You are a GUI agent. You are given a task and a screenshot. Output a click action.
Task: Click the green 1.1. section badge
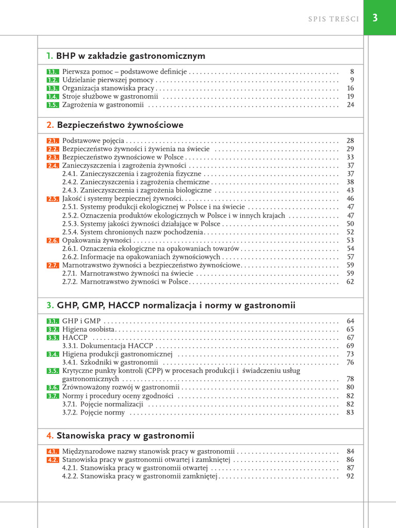point(53,72)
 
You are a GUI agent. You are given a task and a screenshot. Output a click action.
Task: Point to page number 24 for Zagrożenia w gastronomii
point(350,105)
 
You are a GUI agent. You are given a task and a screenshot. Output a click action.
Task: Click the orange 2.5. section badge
point(53,199)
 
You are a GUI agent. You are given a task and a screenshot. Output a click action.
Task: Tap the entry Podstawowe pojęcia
point(93,140)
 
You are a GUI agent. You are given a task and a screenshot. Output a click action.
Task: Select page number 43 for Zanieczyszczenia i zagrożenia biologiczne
point(350,190)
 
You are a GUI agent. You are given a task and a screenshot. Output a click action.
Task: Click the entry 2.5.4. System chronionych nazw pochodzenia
point(133,232)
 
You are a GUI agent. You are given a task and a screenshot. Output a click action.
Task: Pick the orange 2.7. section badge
point(53,265)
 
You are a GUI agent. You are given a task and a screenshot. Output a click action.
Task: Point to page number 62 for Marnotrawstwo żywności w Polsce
point(350,282)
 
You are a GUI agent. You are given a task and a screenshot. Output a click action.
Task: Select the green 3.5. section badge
point(53,371)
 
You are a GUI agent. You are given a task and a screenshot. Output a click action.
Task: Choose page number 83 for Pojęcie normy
point(350,412)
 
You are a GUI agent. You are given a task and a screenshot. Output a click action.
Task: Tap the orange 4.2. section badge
point(53,459)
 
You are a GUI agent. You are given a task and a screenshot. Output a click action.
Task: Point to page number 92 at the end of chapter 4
point(350,476)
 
